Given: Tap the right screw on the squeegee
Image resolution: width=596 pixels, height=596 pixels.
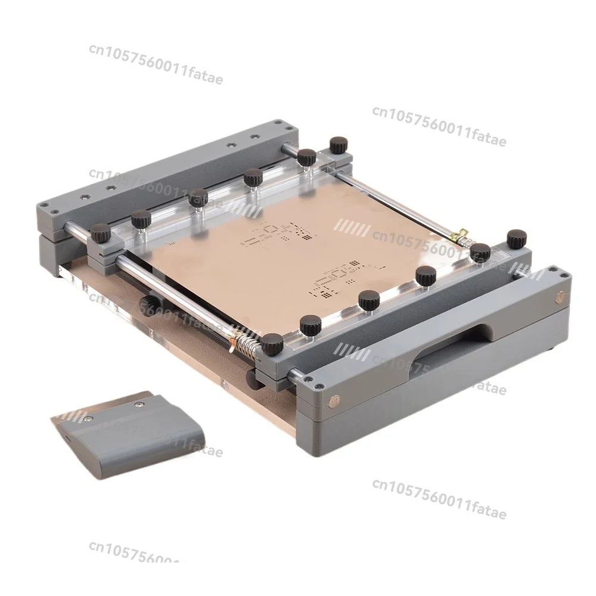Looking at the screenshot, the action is point(139,405).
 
